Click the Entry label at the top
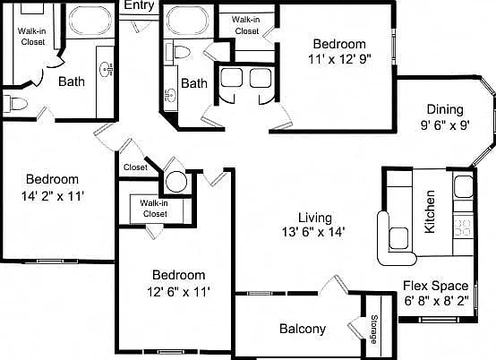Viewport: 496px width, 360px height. (x=139, y=5)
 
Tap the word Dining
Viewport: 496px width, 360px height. (x=445, y=110)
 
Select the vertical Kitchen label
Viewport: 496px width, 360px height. (x=430, y=211)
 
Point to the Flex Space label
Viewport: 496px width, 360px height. (x=436, y=286)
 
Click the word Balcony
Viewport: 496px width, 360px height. (x=303, y=329)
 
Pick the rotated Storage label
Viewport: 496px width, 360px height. (x=374, y=330)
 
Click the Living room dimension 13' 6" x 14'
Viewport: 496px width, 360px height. (x=312, y=232)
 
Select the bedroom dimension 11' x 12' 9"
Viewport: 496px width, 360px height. (x=339, y=59)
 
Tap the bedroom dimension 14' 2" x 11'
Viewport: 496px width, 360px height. (x=53, y=196)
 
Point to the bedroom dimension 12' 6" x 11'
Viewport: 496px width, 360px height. (x=179, y=291)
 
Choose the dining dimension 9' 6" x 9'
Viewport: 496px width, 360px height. (x=445, y=125)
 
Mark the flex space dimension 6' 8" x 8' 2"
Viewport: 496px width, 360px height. (x=436, y=301)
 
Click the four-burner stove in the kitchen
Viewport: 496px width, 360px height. (x=463, y=227)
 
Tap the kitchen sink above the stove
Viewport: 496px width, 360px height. (x=464, y=187)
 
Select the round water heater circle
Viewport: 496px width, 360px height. (x=176, y=182)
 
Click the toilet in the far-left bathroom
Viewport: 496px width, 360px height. (x=15, y=104)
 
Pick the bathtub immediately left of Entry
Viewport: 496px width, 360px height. (x=90, y=20)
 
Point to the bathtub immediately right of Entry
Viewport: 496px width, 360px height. (x=188, y=20)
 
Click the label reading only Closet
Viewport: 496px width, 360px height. (x=135, y=167)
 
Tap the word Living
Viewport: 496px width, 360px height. (x=315, y=218)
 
